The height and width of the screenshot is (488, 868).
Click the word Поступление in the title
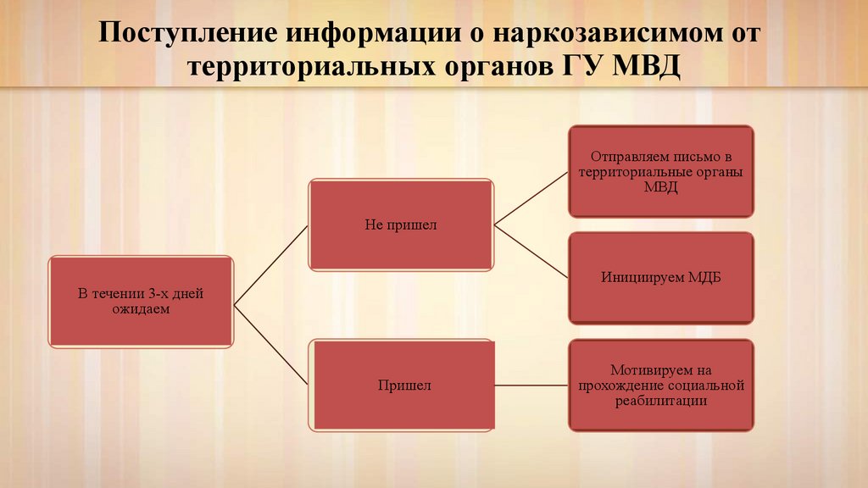[188, 36]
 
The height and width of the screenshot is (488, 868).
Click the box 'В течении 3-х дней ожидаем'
[141, 302]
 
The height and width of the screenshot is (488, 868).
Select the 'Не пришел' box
[401, 225]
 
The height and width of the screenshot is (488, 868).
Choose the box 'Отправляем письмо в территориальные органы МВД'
[660, 171]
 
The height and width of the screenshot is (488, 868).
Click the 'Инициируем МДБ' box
[660, 278]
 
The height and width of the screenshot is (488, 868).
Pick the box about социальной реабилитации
[660, 385]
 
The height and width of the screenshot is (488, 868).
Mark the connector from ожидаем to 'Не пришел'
[271, 263]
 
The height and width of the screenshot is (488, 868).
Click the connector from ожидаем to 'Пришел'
[271, 344]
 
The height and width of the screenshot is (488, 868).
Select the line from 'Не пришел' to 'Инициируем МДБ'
[531, 252]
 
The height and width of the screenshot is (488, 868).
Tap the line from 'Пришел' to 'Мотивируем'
[531, 385]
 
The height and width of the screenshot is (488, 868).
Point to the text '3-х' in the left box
[153, 295]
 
